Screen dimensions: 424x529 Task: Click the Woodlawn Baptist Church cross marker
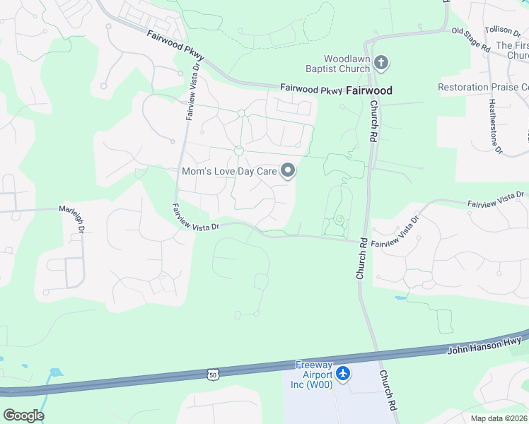pos(381,64)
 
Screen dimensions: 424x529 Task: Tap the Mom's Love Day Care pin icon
pos(288,170)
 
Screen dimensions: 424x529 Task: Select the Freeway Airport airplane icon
pos(343,372)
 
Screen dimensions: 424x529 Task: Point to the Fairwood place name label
pos(369,90)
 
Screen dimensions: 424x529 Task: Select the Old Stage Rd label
pos(471,40)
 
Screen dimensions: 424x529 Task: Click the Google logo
pos(23,415)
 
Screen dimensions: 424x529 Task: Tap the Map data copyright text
pos(499,418)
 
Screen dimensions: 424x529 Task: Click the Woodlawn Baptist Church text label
pos(347,64)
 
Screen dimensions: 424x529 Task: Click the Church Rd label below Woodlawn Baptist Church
pos(373,123)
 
